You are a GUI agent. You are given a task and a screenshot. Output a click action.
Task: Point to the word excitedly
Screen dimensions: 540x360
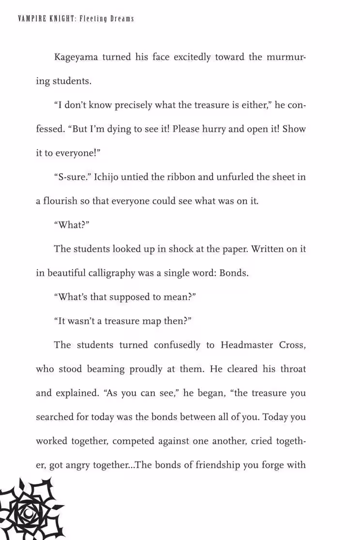(x=192, y=57)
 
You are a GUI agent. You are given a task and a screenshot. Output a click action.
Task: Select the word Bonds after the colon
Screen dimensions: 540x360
(x=234, y=273)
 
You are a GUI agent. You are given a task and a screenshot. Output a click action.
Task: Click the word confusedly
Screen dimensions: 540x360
(x=177, y=345)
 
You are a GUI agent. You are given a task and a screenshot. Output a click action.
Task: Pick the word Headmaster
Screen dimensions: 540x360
(x=247, y=345)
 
